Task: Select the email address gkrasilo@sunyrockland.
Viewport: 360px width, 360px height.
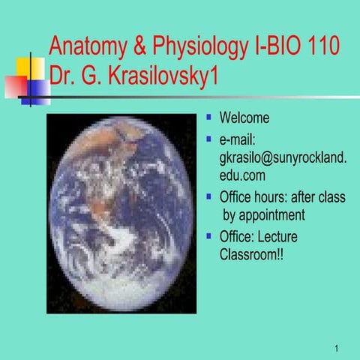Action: click(x=283, y=158)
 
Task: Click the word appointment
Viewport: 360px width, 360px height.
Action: click(x=265, y=216)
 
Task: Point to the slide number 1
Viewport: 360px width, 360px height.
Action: click(x=338, y=347)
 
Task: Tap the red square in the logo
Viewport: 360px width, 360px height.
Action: click(x=14, y=87)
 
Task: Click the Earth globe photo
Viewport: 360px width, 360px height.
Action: click(x=120, y=214)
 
